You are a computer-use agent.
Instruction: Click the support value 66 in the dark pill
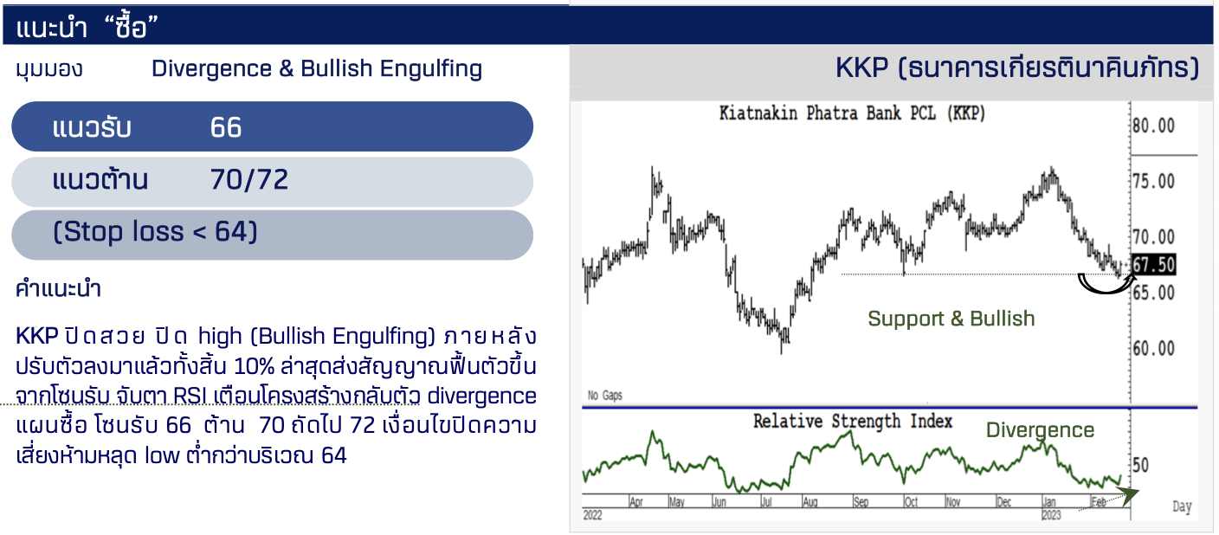coord(226,127)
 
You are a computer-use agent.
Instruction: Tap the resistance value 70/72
coord(249,179)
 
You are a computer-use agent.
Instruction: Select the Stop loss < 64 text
coord(155,232)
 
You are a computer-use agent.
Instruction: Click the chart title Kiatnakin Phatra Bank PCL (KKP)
coord(852,113)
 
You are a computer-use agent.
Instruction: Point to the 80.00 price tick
coord(1154,126)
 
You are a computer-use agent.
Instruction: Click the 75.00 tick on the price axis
coord(1154,181)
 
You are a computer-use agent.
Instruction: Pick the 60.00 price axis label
coord(1154,348)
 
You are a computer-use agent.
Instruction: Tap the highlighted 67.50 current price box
coord(1154,265)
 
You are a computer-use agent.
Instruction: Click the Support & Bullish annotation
coord(951,319)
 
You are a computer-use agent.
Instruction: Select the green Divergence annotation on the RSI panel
coord(1040,430)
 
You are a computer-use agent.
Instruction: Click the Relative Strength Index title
coord(853,422)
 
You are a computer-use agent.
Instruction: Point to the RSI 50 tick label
coord(1140,466)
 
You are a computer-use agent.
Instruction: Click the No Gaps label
coord(604,396)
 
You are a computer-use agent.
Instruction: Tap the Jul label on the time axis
coord(766,502)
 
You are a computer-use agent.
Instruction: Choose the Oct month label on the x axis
coord(911,502)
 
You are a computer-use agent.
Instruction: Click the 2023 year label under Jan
coord(1051,515)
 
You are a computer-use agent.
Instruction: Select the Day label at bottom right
coord(1182,506)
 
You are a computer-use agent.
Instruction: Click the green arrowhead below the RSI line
coord(1130,494)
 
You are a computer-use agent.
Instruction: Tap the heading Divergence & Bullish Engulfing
coord(317,68)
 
